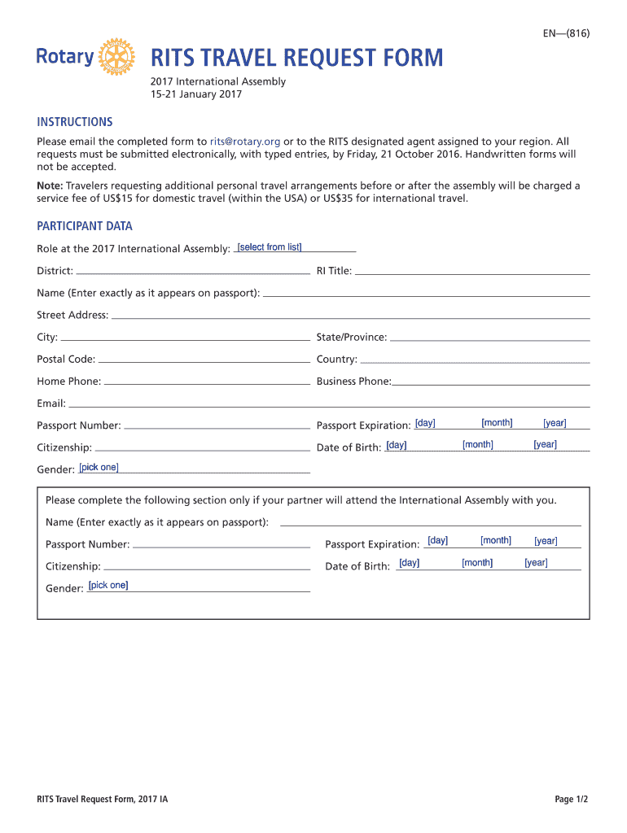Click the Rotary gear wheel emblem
click(118, 57)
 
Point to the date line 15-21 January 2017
click(196, 94)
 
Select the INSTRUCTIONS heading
click(75, 122)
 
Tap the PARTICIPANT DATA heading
click(85, 226)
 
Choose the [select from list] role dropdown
click(270, 247)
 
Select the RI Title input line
click(472, 272)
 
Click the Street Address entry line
click(350, 316)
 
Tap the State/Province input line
click(489, 338)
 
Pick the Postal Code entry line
click(204, 360)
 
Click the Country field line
click(475, 360)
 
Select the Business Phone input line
click(491, 382)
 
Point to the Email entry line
click(329, 403)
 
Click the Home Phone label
click(69, 382)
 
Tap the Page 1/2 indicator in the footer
click(571, 800)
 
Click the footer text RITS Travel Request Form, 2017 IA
click(103, 800)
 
